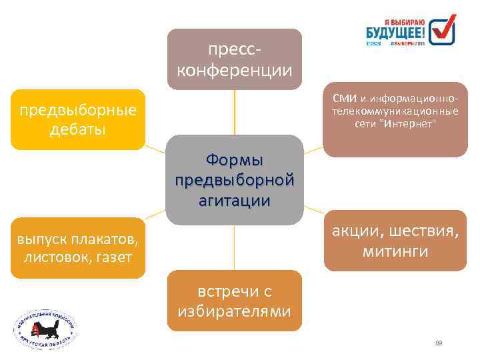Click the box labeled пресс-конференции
[x=234, y=59]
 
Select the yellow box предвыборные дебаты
[x=78, y=119]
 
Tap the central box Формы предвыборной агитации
[x=234, y=180]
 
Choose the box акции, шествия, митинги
[x=395, y=241]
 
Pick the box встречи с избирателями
[x=234, y=301]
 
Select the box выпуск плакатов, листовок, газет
[x=78, y=247]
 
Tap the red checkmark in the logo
[x=443, y=27]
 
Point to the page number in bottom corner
[x=439, y=343]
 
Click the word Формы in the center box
[x=234, y=161]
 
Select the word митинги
[x=395, y=252]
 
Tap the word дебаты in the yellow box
[x=78, y=129]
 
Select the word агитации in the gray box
[x=234, y=200]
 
